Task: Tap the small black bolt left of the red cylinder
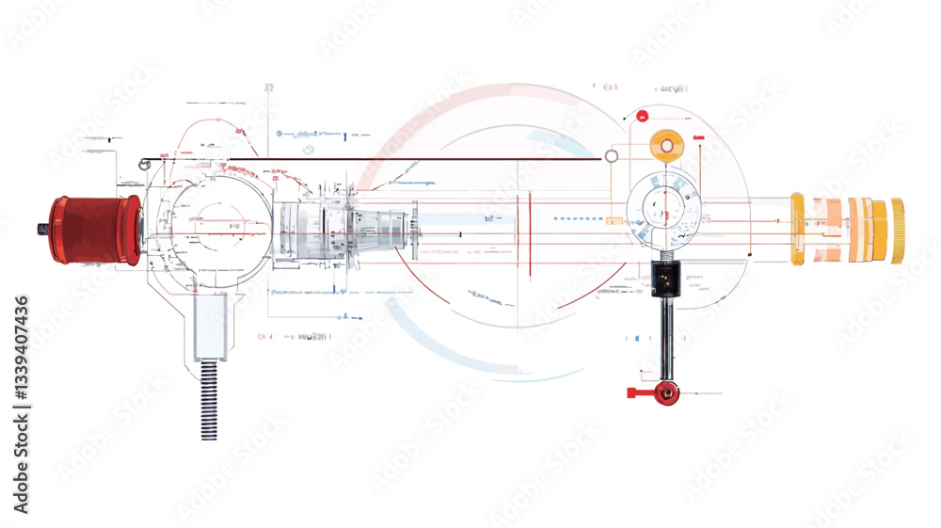point(43,229)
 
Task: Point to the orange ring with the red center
point(666,146)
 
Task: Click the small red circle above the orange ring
point(642,117)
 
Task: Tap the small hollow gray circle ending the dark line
point(612,156)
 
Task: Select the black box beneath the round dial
point(665,278)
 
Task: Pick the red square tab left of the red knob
point(633,392)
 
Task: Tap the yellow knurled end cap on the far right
point(897,231)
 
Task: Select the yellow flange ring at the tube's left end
point(797,229)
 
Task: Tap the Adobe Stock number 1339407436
point(22,405)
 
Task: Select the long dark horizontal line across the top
point(376,159)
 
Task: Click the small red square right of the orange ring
point(698,138)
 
